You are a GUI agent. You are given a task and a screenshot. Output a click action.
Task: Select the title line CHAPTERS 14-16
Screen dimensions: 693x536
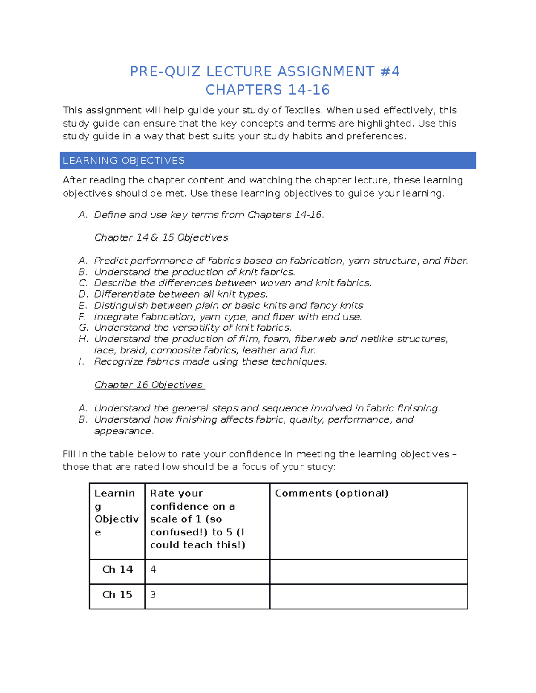pos(268,90)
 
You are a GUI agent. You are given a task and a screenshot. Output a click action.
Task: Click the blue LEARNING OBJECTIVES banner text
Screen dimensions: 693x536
pos(124,161)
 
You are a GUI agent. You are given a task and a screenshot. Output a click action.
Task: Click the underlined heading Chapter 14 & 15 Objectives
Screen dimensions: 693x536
pos(162,237)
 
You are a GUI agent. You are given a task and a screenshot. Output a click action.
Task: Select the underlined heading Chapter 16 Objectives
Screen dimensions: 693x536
pos(149,385)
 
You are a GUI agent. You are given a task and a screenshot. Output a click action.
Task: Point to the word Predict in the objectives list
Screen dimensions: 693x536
pos(111,261)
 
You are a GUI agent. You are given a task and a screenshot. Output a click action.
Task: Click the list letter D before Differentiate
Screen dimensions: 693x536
pos(83,294)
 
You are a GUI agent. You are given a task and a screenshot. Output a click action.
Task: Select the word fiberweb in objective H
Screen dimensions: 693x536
pos(315,339)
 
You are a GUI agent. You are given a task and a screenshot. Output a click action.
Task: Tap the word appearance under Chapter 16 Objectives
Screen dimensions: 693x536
pos(122,431)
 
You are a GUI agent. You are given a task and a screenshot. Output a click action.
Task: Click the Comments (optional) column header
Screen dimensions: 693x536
pos(331,493)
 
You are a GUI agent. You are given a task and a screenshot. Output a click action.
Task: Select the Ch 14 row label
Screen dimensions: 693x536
pos(117,569)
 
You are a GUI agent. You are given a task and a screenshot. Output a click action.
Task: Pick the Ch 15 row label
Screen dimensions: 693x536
pos(117,594)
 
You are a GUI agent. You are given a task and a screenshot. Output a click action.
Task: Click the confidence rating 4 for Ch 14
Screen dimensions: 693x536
pos(153,569)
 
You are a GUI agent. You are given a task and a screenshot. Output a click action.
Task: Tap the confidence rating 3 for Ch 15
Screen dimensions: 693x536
pos(153,594)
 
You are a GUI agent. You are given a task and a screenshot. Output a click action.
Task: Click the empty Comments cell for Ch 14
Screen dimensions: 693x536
pos(368,572)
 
